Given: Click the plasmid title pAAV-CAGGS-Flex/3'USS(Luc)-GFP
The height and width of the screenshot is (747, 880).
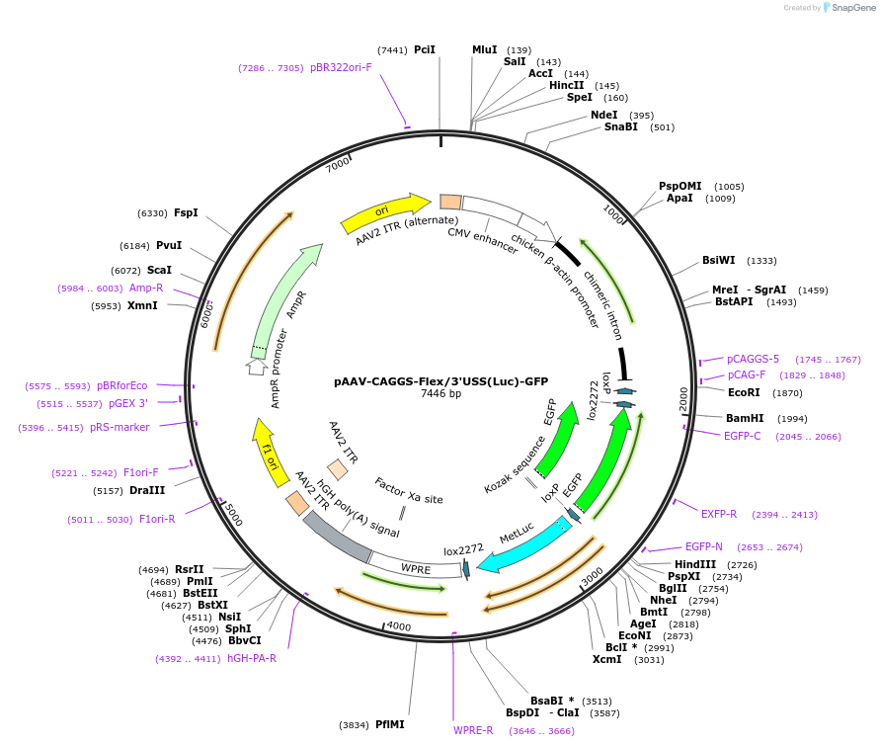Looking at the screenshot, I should (x=440, y=380).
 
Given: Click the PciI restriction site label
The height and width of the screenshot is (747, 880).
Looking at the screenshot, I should (x=425, y=49).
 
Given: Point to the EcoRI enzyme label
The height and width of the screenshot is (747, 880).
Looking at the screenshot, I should (x=745, y=392).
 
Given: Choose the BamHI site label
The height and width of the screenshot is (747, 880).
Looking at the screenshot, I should (x=746, y=418).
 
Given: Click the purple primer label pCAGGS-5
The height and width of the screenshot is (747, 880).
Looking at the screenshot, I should (x=754, y=360).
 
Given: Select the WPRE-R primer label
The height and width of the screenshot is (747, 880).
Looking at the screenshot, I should (x=473, y=730).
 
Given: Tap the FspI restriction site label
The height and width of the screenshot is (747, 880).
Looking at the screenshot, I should (x=186, y=212).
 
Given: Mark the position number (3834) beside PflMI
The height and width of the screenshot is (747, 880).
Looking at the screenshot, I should (x=354, y=724).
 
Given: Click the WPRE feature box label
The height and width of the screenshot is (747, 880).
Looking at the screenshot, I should (x=416, y=568).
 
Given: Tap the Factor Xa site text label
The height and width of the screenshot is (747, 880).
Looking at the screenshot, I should (x=409, y=491).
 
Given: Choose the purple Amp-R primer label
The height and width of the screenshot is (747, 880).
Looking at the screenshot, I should (x=146, y=289).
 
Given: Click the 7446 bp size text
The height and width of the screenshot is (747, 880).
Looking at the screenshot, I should (x=440, y=394).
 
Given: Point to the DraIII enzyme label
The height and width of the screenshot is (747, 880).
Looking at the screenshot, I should (x=147, y=490).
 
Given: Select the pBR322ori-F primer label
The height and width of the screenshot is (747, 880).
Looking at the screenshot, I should (x=341, y=68).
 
